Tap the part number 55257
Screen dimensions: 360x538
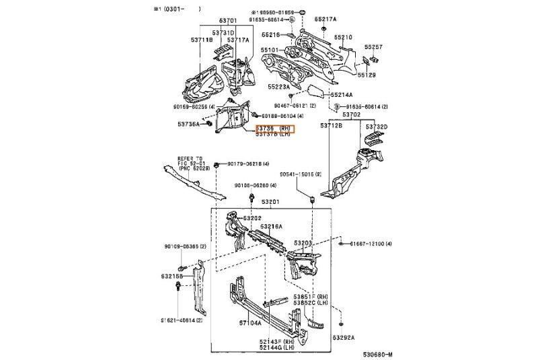tap(374, 47)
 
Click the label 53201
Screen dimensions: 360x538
tap(270, 201)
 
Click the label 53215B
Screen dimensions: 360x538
tap(173, 276)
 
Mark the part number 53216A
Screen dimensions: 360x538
tap(272, 226)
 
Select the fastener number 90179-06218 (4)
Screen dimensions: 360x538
tap(249, 164)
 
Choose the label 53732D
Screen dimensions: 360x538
tap(377, 126)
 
